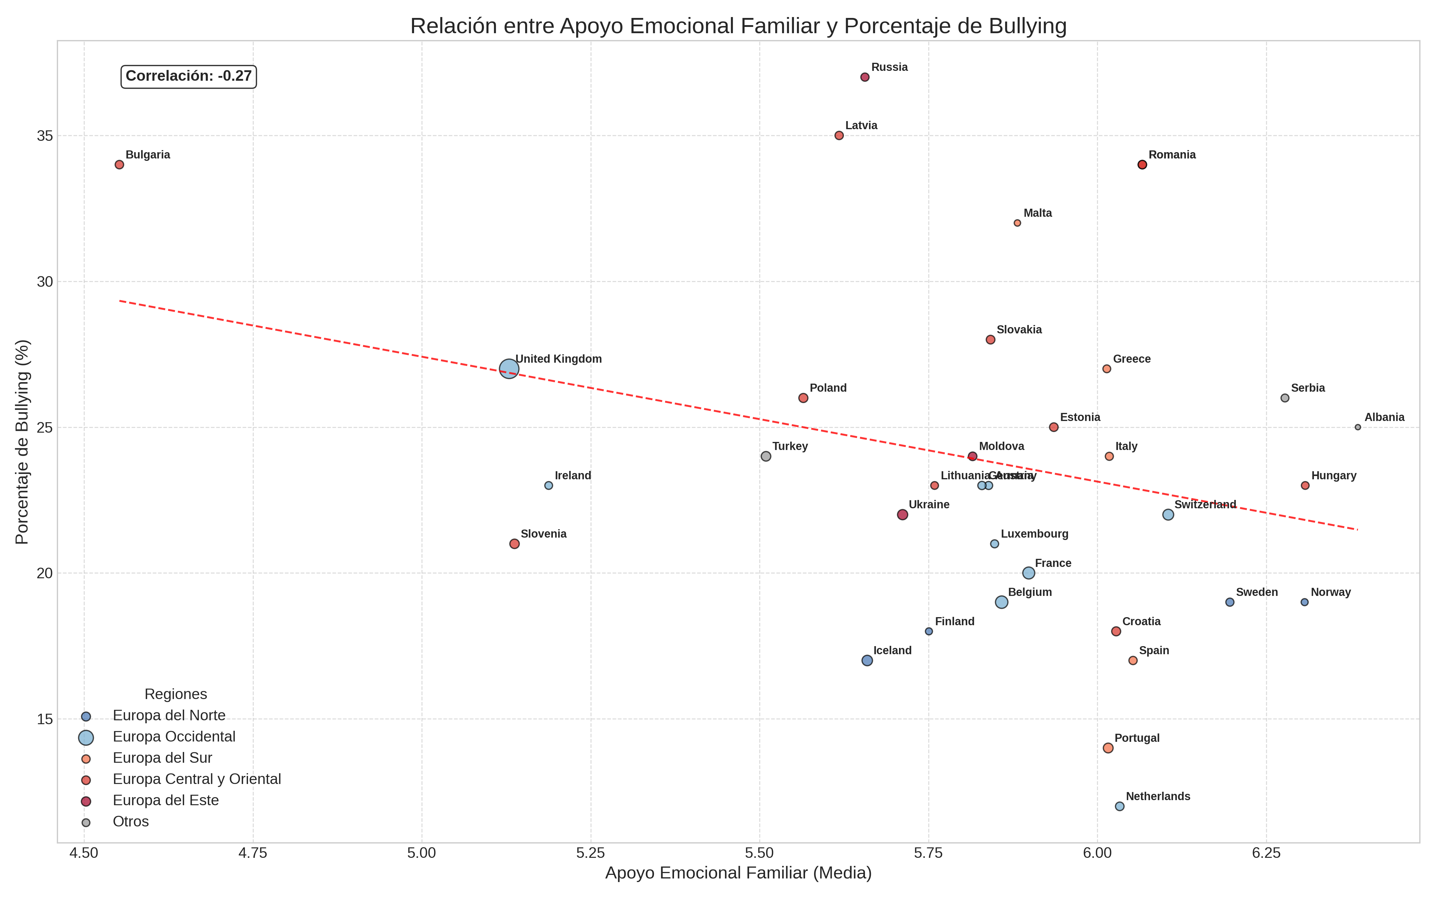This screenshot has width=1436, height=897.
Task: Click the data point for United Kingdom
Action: pyautogui.click(x=509, y=369)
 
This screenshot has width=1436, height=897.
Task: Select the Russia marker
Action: pyautogui.click(x=865, y=77)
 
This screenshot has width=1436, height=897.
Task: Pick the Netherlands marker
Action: pyautogui.click(x=1119, y=806)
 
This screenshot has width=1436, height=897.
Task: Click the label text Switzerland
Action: pyautogui.click(x=1205, y=505)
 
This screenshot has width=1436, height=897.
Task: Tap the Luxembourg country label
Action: pyautogui.click(x=1034, y=534)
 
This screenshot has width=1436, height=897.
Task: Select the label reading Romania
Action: pyautogui.click(x=1172, y=155)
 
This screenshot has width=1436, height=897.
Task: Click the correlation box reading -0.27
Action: pyautogui.click(x=189, y=77)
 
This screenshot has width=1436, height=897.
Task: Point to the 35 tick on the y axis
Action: pyautogui.click(x=45, y=136)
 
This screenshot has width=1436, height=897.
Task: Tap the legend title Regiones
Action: pyautogui.click(x=176, y=694)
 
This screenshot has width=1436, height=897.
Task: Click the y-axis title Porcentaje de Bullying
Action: pyautogui.click(x=22, y=442)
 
